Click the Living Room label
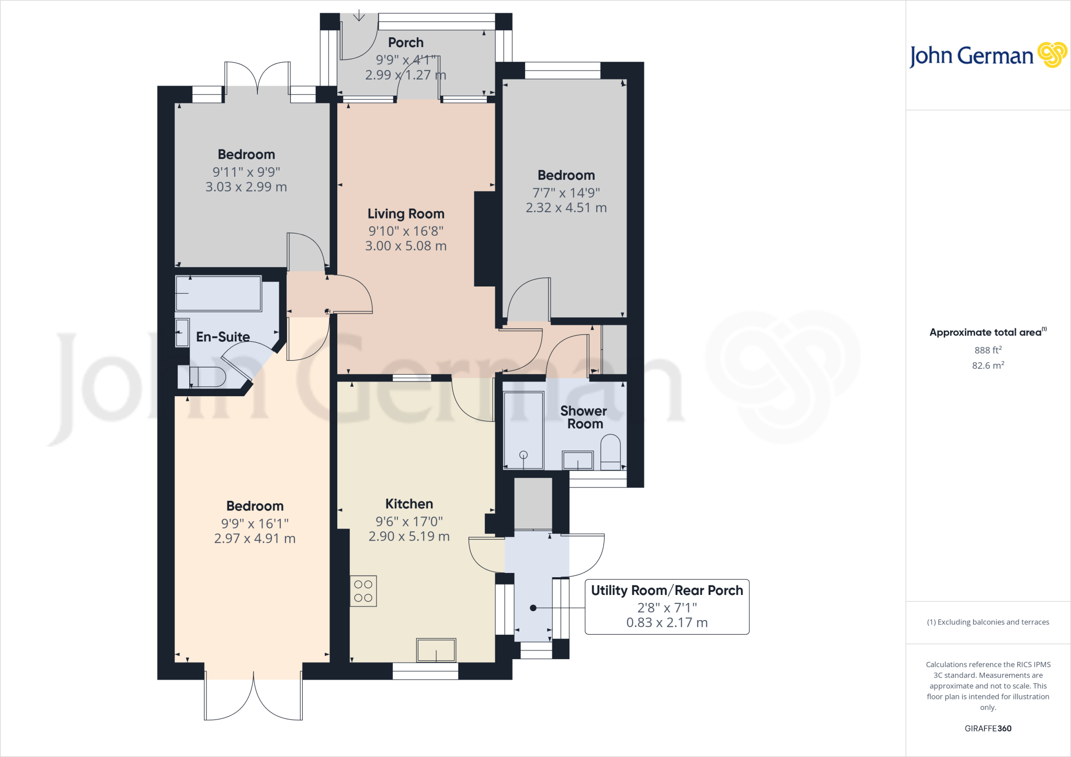coord(406,214)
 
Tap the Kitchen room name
coord(409,504)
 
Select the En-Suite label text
coord(223,337)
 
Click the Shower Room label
coord(584,417)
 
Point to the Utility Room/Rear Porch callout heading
coord(667,590)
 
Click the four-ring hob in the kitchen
coord(363,591)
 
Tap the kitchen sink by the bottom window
coord(436,650)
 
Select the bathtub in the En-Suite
coord(218,293)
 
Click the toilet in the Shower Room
coord(610,452)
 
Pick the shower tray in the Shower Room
coord(523,430)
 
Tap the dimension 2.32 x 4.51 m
coord(566,208)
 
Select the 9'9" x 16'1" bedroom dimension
coord(255,523)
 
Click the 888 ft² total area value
coord(988,350)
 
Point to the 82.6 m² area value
coord(988,365)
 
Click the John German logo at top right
coord(987,55)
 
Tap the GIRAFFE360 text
coord(988,728)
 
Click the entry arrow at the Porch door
coord(359,16)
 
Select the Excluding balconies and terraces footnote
coord(988,622)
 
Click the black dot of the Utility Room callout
coord(533,608)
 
